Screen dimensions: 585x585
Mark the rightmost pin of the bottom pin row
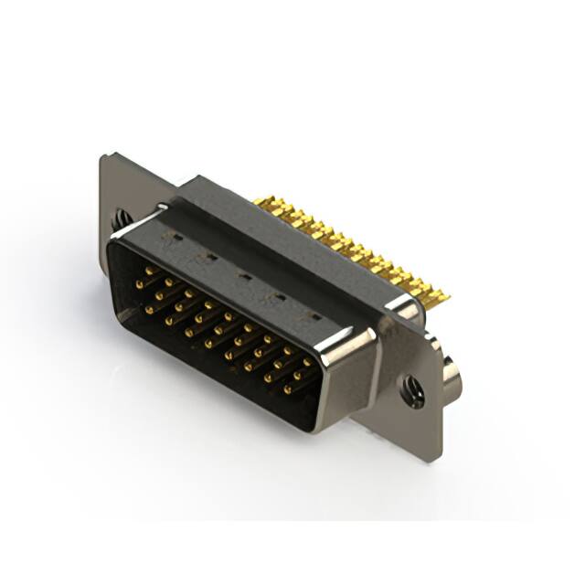tap(286, 389)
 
